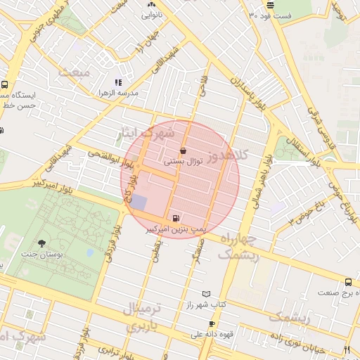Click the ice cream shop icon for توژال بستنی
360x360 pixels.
(184, 150)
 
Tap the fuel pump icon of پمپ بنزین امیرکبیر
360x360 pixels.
(174, 218)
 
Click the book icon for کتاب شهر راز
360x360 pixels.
(206, 293)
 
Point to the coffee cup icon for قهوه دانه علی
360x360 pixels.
(212, 323)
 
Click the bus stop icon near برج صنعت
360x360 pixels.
(348, 282)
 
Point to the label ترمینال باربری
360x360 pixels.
(143, 316)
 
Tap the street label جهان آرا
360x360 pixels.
(145, 51)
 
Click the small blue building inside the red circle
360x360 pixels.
(139, 202)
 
